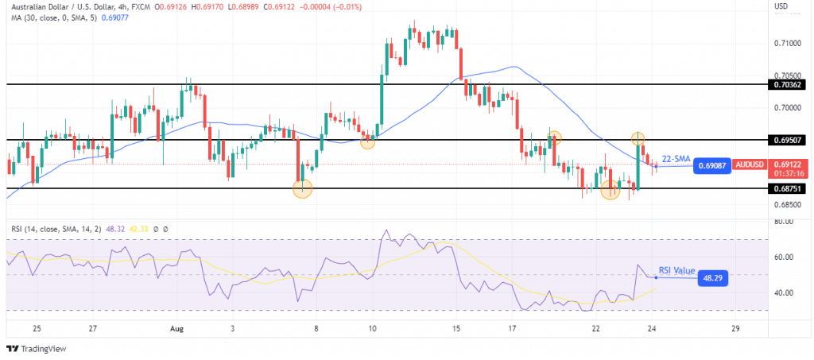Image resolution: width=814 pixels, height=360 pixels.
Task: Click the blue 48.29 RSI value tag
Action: (x=712, y=278)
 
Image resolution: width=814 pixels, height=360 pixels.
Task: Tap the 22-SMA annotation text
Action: (x=676, y=157)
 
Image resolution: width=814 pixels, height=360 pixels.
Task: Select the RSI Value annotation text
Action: (x=676, y=270)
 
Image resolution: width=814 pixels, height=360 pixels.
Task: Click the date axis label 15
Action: (x=456, y=327)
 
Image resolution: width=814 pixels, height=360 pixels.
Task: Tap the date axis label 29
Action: (x=738, y=327)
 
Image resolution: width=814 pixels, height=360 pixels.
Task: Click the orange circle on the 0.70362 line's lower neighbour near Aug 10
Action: (x=367, y=141)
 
